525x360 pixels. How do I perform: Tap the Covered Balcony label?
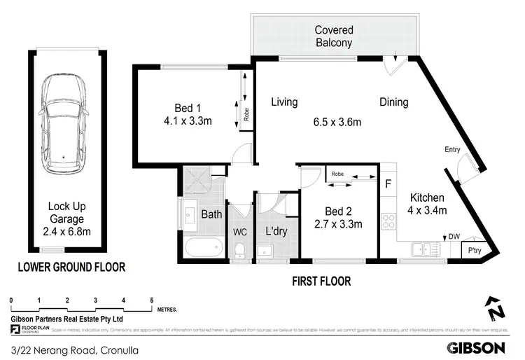pos(334,36)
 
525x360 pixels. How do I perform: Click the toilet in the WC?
pos(239,249)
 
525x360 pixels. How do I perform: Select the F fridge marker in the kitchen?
pos(388,185)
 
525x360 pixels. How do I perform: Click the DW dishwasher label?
pos(454,237)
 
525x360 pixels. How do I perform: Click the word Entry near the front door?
pos(452,149)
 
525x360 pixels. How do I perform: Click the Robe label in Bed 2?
pos(337,173)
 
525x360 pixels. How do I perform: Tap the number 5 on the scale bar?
pos(151,300)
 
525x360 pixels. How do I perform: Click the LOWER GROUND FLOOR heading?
pos(72,267)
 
